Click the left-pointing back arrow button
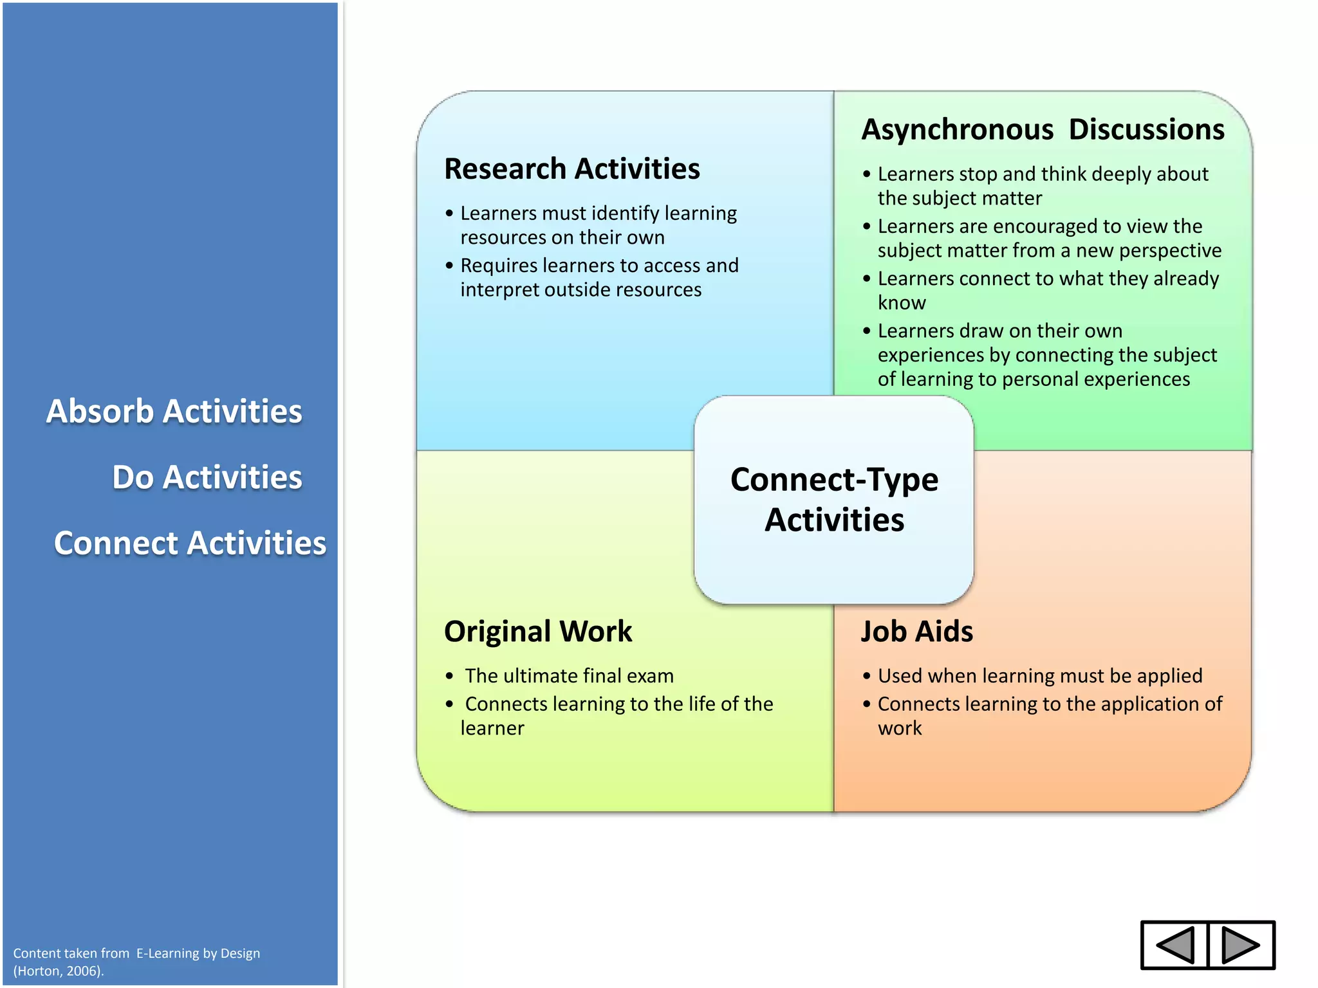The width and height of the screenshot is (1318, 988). pyautogui.click(x=1175, y=945)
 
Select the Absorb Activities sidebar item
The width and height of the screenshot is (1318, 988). pyautogui.click(x=174, y=412)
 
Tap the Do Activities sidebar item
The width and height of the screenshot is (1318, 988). pyautogui.click(x=207, y=477)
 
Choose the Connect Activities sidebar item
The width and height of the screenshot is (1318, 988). pyautogui.click(x=190, y=543)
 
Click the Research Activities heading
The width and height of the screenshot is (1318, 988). pyautogui.click(x=571, y=169)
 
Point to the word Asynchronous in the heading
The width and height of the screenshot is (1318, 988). pyautogui.click(x=957, y=130)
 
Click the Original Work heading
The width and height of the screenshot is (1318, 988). pyautogui.click(x=538, y=632)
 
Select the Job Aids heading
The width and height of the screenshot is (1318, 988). pyautogui.click(x=917, y=632)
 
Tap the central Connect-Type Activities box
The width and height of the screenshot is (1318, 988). pyautogui.click(x=834, y=500)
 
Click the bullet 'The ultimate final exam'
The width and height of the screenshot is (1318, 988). pyautogui.click(x=569, y=676)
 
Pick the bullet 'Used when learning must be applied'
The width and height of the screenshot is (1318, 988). pyautogui.click(x=1040, y=676)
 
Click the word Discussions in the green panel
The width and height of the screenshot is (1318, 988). pyautogui.click(x=1146, y=130)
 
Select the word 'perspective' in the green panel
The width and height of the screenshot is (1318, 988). pyautogui.click(x=1170, y=251)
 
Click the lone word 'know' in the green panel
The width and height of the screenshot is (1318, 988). pyautogui.click(x=902, y=303)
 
